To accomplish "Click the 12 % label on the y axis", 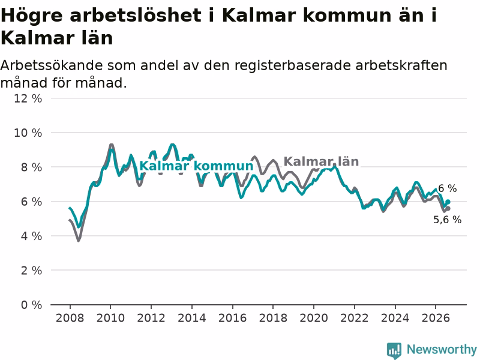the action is (x=28, y=98).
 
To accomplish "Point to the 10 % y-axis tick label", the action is (x=28, y=133).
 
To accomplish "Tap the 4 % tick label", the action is (x=31, y=236).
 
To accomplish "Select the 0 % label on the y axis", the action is (x=31, y=305).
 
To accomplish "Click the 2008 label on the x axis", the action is (x=70, y=318).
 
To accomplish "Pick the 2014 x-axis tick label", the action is (x=192, y=318).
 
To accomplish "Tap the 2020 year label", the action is (x=314, y=318).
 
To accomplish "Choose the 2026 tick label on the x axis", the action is (x=436, y=318).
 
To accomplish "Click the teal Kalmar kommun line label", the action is (x=196, y=166).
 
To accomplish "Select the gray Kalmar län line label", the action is (x=321, y=161).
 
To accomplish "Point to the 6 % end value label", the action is (x=447, y=188).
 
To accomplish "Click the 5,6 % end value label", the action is (x=447, y=220).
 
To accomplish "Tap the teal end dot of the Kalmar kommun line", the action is (x=448, y=202).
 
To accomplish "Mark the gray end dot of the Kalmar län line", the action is (x=448, y=209).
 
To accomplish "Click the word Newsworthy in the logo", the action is (x=442, y=349).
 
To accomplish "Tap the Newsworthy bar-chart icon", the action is (x=394, y=350).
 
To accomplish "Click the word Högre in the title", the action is (x=32, y=16).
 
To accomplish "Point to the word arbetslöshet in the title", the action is (x=136, y=15).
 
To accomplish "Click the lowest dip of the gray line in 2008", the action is (x=79, y=241).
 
